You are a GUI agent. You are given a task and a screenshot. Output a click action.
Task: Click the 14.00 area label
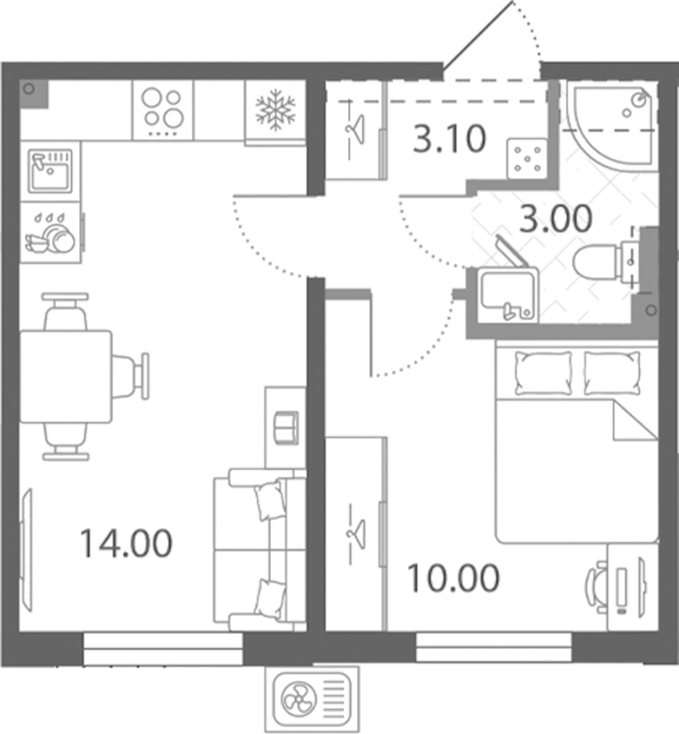126,543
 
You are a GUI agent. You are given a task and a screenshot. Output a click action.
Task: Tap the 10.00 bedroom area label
454,578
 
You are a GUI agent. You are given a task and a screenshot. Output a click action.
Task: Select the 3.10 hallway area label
450,138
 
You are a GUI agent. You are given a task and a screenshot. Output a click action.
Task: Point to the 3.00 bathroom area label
556,219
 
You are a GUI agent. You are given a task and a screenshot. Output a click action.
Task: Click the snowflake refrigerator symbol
275,111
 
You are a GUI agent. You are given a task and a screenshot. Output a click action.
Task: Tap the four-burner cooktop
162,111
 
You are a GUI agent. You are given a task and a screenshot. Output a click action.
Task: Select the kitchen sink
50,172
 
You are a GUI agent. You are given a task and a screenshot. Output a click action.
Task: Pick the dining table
65,376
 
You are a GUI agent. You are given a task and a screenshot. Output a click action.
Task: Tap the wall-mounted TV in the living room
26,550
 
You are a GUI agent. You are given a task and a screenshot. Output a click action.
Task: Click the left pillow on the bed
543,373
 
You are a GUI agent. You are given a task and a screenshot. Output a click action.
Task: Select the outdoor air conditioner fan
299,699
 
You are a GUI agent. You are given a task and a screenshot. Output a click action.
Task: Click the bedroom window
494,647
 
